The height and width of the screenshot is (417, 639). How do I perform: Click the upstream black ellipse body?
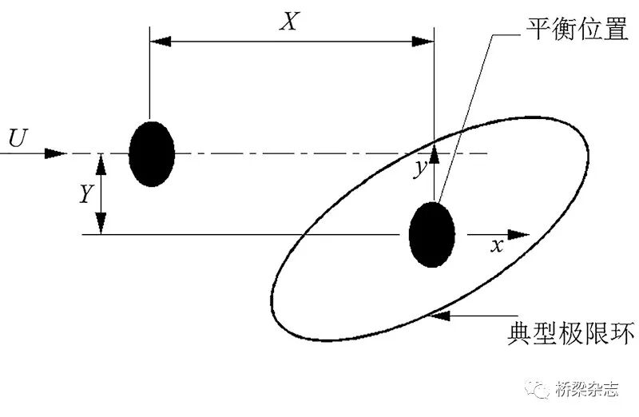tap(152, 153)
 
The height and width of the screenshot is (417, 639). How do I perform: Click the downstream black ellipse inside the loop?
tap(432, 235)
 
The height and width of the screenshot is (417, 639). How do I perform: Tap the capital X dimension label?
tap(288, 21)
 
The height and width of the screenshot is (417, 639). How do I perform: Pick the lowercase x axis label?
tap(496, 246)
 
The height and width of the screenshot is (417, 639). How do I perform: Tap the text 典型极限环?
tap(571, 332)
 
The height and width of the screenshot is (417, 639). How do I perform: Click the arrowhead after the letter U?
tap(56, 153)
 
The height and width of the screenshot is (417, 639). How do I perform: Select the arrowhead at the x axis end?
tap(519, 235)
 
